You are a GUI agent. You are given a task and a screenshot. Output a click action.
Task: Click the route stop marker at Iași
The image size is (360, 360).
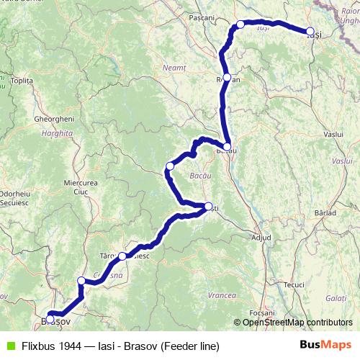click(310, 32)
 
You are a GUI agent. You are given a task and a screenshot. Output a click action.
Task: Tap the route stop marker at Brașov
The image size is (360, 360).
click(50, 319)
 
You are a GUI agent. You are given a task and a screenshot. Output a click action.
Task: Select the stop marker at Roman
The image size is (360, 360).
click(227, 77)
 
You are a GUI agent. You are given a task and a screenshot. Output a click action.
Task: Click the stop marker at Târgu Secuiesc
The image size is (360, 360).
click(122, 256)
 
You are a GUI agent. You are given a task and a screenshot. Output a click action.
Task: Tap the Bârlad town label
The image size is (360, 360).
click(325, 212)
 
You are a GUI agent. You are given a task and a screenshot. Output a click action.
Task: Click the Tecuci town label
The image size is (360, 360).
click(294, 284)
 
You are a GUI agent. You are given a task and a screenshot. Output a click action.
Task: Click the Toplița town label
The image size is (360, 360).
click(23, 81)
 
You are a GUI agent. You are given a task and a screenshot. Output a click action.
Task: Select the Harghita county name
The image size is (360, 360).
click(58, 133)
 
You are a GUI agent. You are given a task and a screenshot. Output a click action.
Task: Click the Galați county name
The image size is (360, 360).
click(336, 297)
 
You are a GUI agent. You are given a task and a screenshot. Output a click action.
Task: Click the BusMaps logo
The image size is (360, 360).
click(325, 345)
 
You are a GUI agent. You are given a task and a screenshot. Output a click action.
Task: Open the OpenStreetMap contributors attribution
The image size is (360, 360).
click(297, 322)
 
